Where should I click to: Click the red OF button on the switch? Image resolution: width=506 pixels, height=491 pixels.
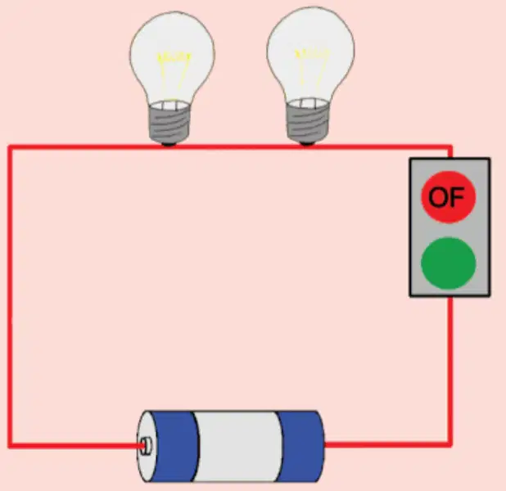tap(449, 196)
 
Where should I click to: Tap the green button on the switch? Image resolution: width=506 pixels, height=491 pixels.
tap(449, 263)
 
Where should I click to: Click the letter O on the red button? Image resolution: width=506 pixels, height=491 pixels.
tap(438, 197)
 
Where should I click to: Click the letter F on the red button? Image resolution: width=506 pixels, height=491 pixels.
tap(457, 197)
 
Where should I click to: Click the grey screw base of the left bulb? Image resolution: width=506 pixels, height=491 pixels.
tap(169, 121)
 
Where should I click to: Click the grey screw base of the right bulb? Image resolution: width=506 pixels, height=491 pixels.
tap(308, 119)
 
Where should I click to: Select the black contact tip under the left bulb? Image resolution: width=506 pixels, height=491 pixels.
tap(169, 144)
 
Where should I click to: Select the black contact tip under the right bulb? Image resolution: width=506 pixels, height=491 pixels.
tap(306, 143)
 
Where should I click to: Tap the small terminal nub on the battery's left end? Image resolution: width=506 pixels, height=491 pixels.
tap(146, 445)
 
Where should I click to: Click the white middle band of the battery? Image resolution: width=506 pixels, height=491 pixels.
tap(238, 447)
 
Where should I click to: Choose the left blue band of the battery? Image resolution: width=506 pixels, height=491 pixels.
tap(171, 447)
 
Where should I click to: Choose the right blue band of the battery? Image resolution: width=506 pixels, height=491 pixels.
tap(300, 447)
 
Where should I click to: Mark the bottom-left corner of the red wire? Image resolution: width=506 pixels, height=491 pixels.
tap(10, 445)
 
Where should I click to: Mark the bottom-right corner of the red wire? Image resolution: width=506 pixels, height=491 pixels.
tap(450, 444)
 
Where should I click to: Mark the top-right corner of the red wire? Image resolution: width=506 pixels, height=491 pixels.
tap(450, 147)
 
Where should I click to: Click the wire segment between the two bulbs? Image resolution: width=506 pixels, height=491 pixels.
tap(237, 147)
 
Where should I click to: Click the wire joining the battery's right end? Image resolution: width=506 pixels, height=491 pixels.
tap(387, 444)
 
